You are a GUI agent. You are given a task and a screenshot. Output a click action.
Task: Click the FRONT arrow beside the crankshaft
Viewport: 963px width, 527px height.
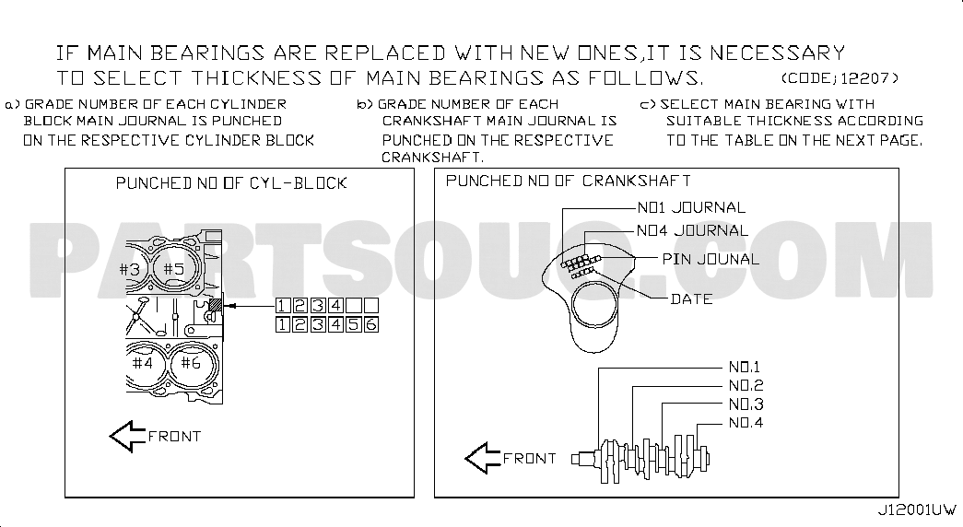(483, 458)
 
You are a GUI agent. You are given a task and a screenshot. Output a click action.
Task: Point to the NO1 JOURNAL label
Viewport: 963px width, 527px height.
(691, 207)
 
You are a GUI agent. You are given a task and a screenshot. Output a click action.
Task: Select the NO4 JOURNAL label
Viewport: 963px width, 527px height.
(692, 231)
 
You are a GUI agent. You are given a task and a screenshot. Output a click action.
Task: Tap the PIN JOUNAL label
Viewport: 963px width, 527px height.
(711, 259)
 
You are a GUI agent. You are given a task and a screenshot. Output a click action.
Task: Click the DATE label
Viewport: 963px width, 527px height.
(691, 299)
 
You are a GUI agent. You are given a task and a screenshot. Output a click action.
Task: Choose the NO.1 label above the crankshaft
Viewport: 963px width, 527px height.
(745, 368)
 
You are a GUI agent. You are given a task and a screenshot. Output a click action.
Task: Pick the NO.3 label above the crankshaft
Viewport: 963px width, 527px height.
(746, 404)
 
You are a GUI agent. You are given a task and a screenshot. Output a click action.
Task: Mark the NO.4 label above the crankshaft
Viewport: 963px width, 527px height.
(746, 423)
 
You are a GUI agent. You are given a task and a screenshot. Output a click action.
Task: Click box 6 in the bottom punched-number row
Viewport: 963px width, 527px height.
(371, 324)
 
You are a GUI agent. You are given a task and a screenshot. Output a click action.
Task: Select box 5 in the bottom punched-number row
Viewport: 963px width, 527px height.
(353, 324)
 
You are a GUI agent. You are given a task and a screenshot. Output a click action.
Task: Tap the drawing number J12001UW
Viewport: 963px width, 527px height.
(916, 509)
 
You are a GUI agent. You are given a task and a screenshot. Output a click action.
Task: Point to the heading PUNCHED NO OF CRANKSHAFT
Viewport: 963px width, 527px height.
(568, 182)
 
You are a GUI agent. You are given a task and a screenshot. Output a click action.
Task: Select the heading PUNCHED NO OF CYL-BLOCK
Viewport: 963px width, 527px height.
(231, 183)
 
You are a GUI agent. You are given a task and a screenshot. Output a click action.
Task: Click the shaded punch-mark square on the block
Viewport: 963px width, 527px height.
(217, 305)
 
